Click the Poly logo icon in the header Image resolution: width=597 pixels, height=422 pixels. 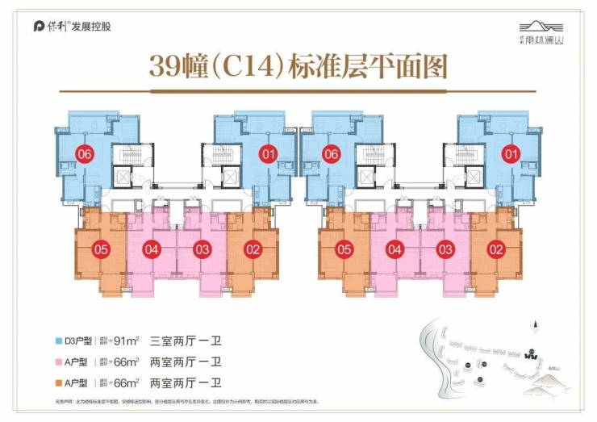[39, 26]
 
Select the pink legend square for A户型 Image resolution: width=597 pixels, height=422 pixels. [50, 362]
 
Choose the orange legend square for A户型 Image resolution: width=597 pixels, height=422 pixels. [50, 382]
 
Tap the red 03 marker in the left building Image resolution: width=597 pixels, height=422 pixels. [202, 249]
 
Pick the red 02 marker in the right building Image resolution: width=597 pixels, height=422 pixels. [496, 249]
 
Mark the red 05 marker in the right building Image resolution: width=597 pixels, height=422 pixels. [344, 249]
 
